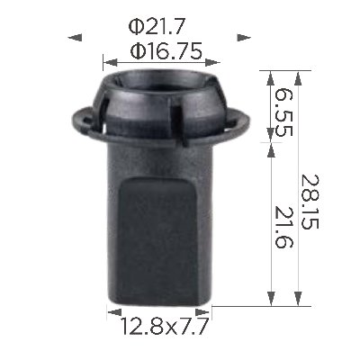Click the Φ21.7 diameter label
click(x=156, y=27)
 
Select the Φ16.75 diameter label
click(x=166, y=50)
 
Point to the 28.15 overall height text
click(x=310, y=202)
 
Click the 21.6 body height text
click(x=283, y=227)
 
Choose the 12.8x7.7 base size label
click(x=164, y=326)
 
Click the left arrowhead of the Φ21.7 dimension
click(x=75, y=38)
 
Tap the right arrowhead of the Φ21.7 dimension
click(x=244, y=38)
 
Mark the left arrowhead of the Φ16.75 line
click(x=110, y=63)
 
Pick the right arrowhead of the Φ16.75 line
click(x=213, y=63)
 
